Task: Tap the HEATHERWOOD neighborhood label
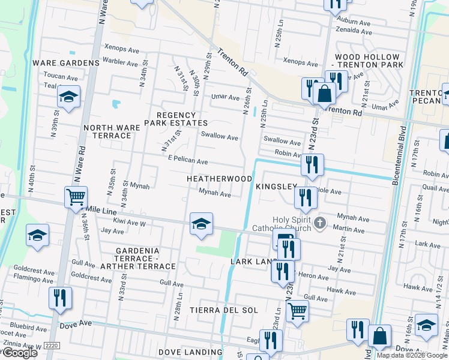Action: coord(219,179)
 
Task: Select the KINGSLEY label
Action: coord(276,187)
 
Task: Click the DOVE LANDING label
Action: coord(190,352)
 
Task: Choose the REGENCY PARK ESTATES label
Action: coord(176,119)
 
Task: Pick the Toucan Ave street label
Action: coord(61,77)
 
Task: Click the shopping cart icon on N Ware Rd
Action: coord(76,197)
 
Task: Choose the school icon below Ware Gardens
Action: coord(69,97)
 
